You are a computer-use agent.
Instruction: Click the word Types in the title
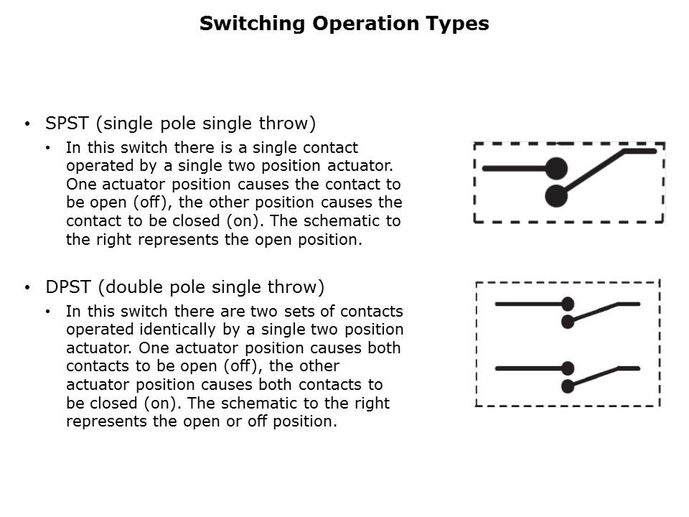461,24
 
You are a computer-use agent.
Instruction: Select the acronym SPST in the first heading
67,124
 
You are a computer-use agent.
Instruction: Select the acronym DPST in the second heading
68,287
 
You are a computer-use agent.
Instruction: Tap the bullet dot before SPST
27,124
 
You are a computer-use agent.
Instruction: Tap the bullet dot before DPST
27,288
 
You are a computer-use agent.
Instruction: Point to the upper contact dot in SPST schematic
556,169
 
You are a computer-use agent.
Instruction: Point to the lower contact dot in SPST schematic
556,195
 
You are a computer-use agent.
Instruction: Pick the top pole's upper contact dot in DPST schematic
568,304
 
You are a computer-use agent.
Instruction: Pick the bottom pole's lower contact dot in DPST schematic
568,386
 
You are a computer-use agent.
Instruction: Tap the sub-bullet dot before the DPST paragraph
48,312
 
